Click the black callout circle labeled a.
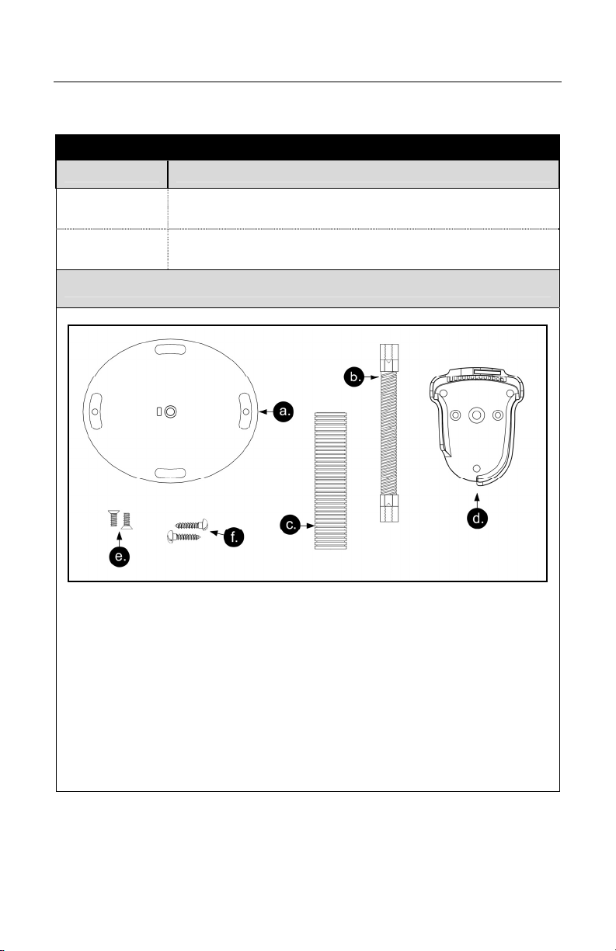(284, 411)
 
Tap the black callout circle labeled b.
(354, 377)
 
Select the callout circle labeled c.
(291, 525)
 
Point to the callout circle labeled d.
(477, 519)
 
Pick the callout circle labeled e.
(120, 557)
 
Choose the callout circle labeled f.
(234, 536)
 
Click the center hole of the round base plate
(170, 411)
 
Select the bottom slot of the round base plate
(170, 474)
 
